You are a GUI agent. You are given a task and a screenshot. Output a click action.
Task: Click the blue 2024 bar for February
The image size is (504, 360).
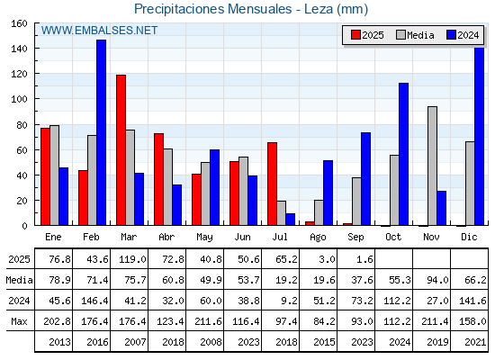pos(101,132)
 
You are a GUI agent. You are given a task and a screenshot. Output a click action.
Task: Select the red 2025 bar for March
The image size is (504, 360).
pos(121,150)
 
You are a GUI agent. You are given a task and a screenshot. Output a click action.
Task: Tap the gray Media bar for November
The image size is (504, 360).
pos(432,166)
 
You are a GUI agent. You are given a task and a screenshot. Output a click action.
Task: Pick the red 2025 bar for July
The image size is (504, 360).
pos(272,184)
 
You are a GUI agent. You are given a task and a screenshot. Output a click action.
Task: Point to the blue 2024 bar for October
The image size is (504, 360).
pos(403,154)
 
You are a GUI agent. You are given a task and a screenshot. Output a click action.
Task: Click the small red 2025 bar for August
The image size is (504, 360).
pos(310,223)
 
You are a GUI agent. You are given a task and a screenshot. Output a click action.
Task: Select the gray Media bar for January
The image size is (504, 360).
pos(54,175)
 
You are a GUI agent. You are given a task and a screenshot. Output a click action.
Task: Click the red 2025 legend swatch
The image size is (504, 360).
pos(355,35)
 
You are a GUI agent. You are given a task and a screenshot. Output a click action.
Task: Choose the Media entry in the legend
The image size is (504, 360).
pos(415,35)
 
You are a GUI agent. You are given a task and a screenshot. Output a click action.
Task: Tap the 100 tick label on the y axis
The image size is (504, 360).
pos(20,99)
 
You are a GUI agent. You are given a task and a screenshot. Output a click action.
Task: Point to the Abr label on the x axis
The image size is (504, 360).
pos(166,237)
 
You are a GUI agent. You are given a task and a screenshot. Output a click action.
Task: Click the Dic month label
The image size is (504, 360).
pos(469,237)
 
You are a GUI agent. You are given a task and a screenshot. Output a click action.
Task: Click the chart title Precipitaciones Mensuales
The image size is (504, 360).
pos(212,9)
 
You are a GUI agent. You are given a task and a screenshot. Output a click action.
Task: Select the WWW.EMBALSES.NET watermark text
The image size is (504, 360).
pos(99,31)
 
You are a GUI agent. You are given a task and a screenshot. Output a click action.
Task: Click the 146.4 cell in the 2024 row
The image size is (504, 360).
pos(94,301)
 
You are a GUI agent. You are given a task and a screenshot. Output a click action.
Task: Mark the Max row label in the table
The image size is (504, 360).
pos(19,321)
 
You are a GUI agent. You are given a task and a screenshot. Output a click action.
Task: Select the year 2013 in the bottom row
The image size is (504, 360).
pos(59,342)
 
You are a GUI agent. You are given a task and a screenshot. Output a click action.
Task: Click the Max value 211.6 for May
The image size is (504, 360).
pos(208,321)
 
